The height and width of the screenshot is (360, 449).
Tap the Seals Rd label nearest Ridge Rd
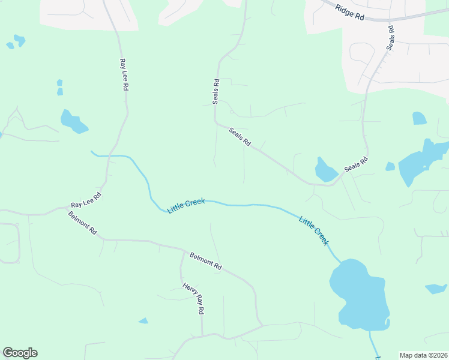[391, 37]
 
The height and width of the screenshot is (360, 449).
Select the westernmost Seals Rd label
[215, 91]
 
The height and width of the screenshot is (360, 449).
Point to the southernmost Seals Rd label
[355, 166]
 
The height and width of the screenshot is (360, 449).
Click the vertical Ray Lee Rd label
[124, 74]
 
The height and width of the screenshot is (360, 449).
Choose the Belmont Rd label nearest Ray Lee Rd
[82, 223]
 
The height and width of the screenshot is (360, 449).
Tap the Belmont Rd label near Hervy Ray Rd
[206, 261]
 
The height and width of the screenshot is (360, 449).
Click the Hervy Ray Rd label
[194, 298]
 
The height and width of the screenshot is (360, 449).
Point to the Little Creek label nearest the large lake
[314, 230]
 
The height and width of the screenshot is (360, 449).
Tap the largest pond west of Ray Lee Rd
[73, 122]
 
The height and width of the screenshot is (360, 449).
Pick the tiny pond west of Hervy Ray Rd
[143, 321]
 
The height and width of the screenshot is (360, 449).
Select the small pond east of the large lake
[436, 289]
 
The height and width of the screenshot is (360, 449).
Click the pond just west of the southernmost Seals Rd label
[326, 170]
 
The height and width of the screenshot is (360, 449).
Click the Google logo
[20, 353]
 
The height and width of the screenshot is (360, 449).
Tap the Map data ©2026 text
[423, 355]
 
